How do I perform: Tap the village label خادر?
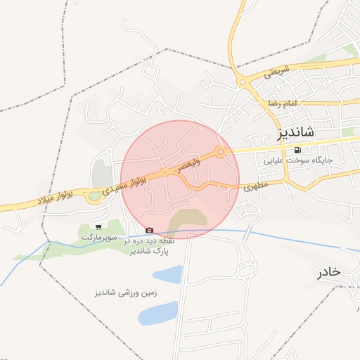click(x=328, y=271)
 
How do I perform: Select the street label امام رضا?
click(x=283, y=104)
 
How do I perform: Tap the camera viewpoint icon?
click(x=149, y=230)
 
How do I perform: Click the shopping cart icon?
click(x=98, y=226)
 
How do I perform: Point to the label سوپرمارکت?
click(x=98, y=238)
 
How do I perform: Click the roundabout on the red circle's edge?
click(x=221, y=151)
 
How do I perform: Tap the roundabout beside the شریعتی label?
click(x=243, y=83)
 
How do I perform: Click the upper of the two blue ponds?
click(x=168, y=274)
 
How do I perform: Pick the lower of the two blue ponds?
click(x=158, y=313)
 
